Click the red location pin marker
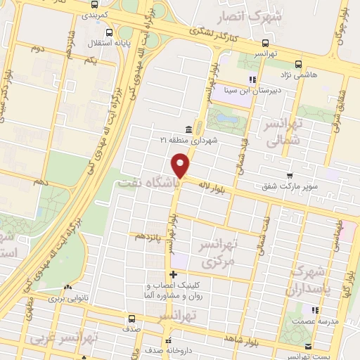click(181, 166)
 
